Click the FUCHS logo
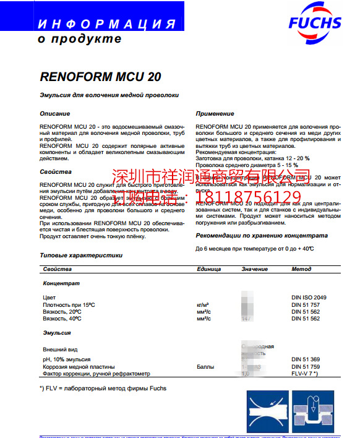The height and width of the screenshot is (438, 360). (x=314, y=24)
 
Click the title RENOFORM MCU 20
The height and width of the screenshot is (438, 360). (x=101, y=77)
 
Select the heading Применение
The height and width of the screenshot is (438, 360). (x=215, y=114)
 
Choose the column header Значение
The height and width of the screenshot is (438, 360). (x=254, y=270)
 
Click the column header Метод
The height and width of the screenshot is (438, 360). (x=301, y=270)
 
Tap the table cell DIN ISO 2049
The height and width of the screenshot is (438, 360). (x=309, y=298)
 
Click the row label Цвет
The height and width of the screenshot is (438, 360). (x=49, y=298)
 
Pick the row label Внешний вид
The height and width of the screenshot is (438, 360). (x=60, y=350)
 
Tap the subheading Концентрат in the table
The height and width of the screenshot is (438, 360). (x=61, y=283)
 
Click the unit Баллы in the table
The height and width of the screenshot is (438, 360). (x=205, y=367)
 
